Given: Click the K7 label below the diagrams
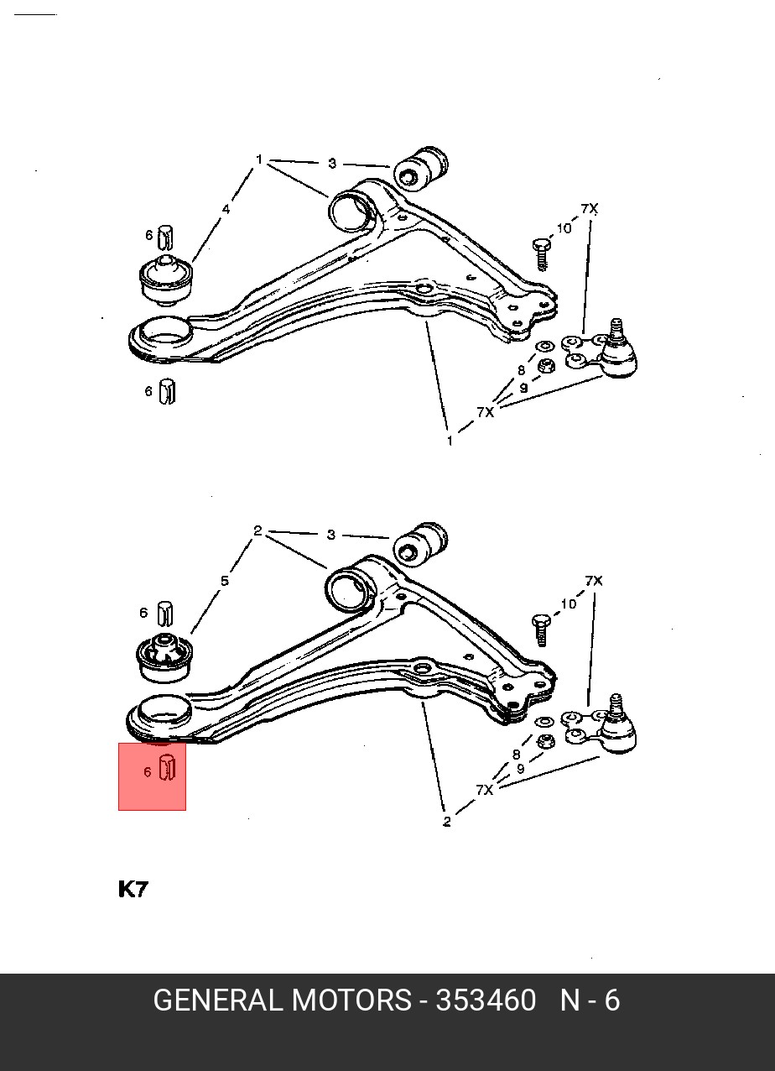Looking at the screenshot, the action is (133, 890).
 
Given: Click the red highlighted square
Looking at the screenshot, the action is (152, 776).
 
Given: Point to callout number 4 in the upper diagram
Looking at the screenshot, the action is (226, 209).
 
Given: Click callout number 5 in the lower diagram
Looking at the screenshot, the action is (225, 581).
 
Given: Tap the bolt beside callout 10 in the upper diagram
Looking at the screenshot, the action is (541, 254).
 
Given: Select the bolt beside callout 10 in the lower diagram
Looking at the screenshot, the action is (540, 630).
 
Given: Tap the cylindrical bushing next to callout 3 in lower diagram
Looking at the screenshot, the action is (421, 544).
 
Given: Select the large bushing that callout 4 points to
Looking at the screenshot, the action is (166, 280).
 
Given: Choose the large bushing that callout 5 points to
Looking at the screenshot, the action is (165, 657).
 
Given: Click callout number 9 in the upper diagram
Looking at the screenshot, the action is (523, 388).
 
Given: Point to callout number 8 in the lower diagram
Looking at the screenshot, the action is (516, 755).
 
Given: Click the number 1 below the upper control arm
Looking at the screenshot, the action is (450, 441).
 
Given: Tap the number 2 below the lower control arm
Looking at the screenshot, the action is (447, 822).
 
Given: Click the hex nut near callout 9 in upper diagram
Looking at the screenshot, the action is (546, 367).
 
